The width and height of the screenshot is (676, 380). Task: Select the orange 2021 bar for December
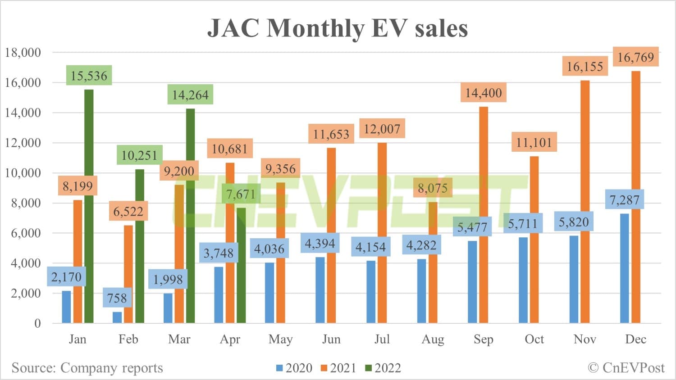pos(635,198)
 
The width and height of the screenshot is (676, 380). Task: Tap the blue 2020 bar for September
pos(472,281)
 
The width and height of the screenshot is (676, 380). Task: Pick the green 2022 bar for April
pos(241,266)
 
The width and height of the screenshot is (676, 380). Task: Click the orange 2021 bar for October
pos(534,239)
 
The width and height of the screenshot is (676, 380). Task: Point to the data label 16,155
pos(585,67)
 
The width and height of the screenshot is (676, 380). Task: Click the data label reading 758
pos(117,298)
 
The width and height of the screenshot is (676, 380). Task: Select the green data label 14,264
pos(190,95)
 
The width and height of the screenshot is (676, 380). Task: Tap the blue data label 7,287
pos(624,199)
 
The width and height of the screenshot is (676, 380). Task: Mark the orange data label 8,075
pos(433,188)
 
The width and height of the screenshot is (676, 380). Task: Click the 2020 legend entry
pos(294,368)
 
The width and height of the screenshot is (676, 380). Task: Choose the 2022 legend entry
pos(383,368)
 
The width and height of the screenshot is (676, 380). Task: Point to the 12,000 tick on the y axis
pos(23,143)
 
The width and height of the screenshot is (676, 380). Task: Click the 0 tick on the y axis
pos(37,323)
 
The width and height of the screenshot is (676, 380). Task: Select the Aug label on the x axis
pos(433,339)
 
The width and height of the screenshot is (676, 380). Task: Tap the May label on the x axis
pos(280,339)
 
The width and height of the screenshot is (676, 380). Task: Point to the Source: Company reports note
pos(87,368)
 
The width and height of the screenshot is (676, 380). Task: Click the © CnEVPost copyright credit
pos(626,368)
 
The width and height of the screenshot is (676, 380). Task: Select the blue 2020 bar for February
pos(117,317)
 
